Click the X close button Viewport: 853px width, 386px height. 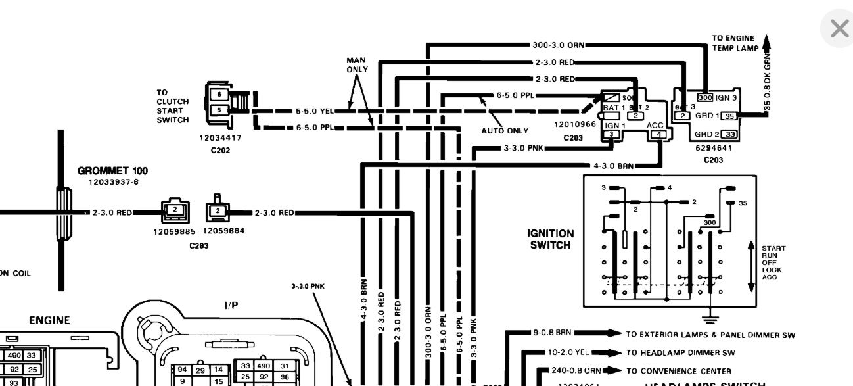[x=839, y=29]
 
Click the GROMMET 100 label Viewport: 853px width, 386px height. [x=112, y=171]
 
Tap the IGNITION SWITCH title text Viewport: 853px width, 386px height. [x=550, y=239]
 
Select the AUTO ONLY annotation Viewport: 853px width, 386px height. [x=505, y=131]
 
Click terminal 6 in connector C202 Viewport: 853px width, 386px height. [x=219, y=95]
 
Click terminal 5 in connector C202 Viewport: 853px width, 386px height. [x=219, y=110]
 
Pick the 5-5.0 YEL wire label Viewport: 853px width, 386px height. [x=315, y=111]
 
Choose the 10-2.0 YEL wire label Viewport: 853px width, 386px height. [x=560, y=352]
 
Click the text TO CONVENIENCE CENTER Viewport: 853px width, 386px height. [x=669, y=371]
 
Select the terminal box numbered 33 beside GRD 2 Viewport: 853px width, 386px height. [x=729, y=134]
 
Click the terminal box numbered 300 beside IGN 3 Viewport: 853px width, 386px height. [x=704, y=97]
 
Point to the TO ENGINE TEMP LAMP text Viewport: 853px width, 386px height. [x=735, y=43]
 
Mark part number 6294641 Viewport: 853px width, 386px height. [x=713, y=148]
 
